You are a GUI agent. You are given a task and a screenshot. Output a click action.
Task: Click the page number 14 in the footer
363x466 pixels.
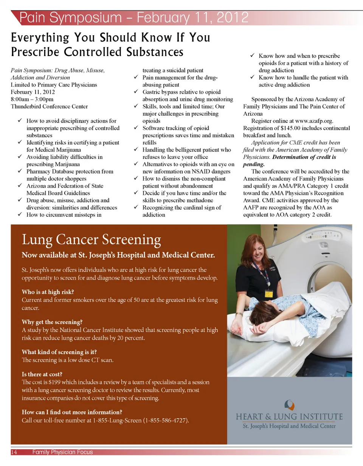(14, 452)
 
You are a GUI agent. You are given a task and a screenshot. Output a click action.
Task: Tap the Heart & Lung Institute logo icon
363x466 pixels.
(289, 405)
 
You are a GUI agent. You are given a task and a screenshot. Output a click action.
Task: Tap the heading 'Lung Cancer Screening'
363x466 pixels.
(92, 239)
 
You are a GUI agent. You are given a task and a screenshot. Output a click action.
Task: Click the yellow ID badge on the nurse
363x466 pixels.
(269, 294)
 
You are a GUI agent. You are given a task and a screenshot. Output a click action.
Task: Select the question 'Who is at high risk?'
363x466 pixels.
(48, 292)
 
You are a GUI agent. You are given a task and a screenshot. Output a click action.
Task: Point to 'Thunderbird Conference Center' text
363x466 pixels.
(49, 106)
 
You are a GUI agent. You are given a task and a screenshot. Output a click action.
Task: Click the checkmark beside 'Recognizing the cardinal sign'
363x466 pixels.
(136, 208)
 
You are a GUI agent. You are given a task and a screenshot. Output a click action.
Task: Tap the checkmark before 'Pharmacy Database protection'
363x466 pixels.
(20, 172)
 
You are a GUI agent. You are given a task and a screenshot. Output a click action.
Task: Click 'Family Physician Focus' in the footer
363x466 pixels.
(62, 452)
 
